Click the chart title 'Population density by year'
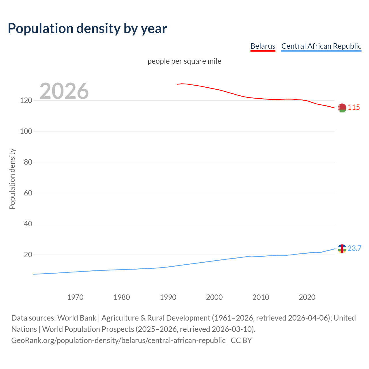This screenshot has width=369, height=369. tap(87, 29)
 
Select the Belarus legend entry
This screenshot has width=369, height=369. tap(263, 46)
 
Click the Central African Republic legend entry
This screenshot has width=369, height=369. tap(321, 46)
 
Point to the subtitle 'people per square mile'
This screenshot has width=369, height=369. tap(184, 61)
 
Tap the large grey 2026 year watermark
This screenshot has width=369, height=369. tap(64, 91)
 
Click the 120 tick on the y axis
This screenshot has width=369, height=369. tap(26, 101)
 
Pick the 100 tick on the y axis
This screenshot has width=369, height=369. tap(26, 131)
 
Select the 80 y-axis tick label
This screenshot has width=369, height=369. tap(28, 162)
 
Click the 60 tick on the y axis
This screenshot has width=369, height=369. tap(28, 193)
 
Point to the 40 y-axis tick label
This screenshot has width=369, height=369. tap(28, 224)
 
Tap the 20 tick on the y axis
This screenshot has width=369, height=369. tap(28, 255)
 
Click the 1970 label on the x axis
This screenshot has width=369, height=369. tap(75, 297)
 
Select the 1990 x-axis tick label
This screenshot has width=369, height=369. tap(168, 297)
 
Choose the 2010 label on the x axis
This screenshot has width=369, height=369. tap(261, 297)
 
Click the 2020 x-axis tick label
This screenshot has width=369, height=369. tap(307, 297)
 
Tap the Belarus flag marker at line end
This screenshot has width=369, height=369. tap(342, 108)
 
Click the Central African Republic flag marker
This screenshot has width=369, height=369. tap(342, 248)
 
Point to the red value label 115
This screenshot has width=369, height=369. tap(354, 108)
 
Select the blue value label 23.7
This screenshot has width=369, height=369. tap(354, 248)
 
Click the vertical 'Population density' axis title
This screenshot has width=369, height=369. tap(12, 179)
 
